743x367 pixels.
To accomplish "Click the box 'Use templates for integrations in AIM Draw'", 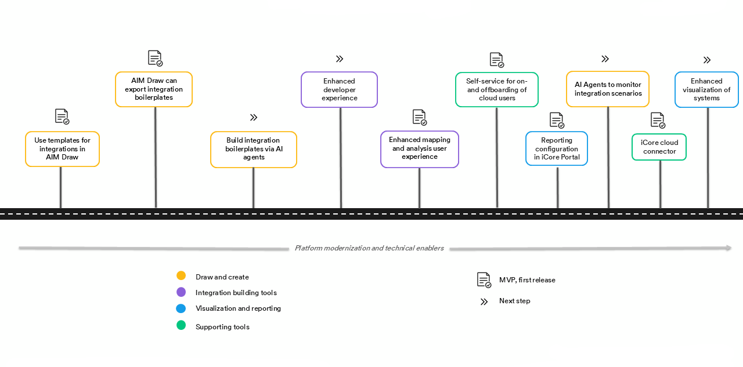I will (62, 149).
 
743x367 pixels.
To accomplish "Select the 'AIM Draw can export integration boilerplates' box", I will (154, 89).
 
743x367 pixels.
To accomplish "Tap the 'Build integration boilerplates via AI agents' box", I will (254, 149).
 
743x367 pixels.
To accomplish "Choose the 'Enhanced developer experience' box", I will (339, 90).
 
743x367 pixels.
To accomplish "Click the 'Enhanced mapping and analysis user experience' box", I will (420, 149).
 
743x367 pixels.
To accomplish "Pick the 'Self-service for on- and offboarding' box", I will (496, 90).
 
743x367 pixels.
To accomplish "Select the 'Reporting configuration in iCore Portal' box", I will (557, 148).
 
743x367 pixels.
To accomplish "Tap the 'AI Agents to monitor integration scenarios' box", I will (608, 89).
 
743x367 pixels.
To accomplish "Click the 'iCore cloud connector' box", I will (659, 147).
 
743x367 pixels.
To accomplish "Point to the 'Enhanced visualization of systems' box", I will (706, 90).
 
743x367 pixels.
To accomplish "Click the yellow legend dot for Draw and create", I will (181, 276).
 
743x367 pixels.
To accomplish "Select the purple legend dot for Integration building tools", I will (181, 292).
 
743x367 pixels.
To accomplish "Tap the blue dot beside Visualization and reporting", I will (181, 308).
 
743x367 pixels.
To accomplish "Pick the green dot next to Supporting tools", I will (181, 325).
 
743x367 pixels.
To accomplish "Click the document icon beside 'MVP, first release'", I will (484, 280).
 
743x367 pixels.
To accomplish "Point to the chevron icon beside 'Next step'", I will (484, 301).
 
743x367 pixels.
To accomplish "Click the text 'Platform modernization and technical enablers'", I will (369, 248).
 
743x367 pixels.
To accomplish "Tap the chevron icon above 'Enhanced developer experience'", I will (340, 59).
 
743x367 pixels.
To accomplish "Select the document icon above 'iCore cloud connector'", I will (657, 120).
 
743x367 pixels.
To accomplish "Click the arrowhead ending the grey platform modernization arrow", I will (728, 248).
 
